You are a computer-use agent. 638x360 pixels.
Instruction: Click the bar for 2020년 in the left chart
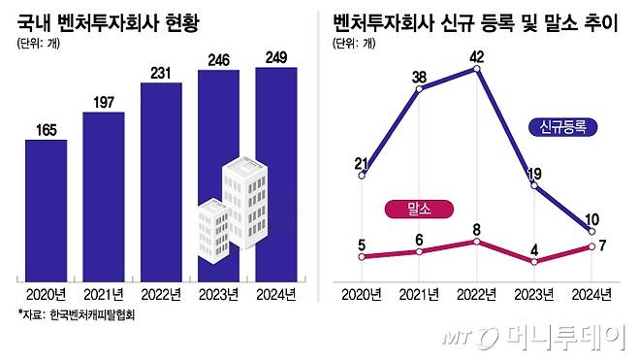46,208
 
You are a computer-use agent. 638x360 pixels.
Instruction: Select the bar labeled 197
104,194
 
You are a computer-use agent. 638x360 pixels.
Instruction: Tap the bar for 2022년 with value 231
161,180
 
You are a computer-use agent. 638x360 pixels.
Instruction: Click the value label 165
46,128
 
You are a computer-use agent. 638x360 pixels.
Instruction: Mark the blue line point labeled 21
362,176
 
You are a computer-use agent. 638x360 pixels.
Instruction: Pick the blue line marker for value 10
591,231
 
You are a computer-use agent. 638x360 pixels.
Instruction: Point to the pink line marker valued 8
477,241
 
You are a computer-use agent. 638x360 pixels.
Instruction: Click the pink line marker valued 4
534,262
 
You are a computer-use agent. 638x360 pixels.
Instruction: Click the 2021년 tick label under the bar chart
104,294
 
